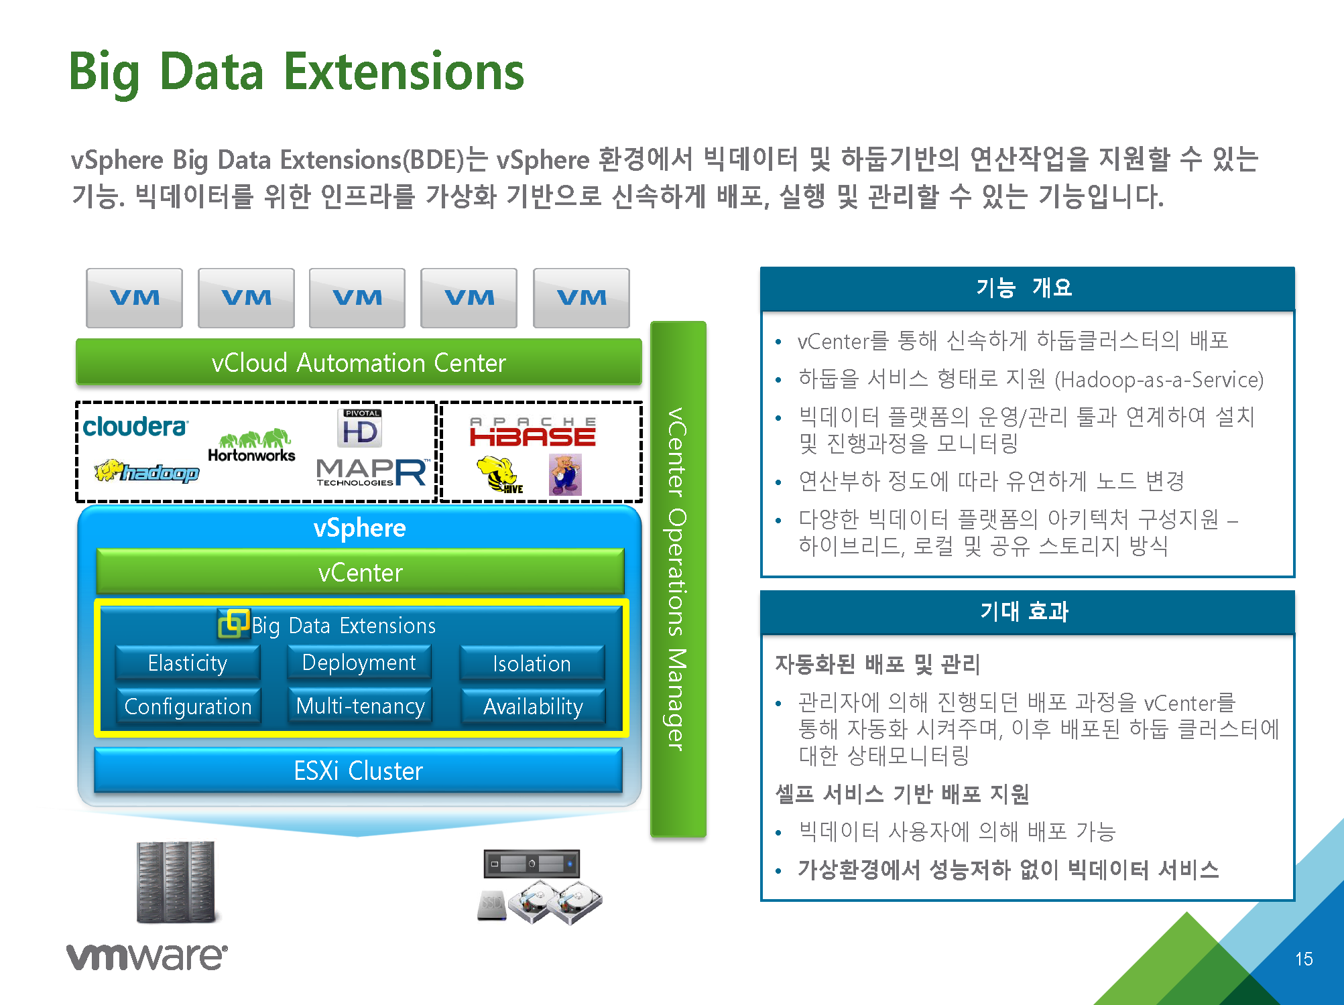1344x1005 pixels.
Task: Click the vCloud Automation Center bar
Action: tap(359, 362)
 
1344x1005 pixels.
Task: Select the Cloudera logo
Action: tap(135, 427)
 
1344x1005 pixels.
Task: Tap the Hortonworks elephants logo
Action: tap(252, 446)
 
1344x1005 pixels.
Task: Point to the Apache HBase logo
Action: tap(532, 432)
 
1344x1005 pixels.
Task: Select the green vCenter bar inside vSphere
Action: tap(360, 572)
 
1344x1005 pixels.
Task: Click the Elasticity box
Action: tap(188, 663)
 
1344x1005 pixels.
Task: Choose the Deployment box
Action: tap(359, 662)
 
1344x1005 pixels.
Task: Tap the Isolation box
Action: tap(532, 663)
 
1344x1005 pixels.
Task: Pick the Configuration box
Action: tap(188, 706)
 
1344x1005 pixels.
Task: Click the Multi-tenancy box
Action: tap(360, 706)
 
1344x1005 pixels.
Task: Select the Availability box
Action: tap(533, 706)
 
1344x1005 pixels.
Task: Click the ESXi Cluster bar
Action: tap(358, 770)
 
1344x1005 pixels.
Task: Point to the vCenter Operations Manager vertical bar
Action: tap(678, 579)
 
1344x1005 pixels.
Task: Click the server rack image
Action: tap(176, 881)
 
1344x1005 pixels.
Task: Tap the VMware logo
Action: tap(147, 956)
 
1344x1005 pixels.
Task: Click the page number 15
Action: tap(1304, 959)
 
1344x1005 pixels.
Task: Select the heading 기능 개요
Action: tap(1024, 287)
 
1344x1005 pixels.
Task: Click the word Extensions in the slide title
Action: tap(404, 72)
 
